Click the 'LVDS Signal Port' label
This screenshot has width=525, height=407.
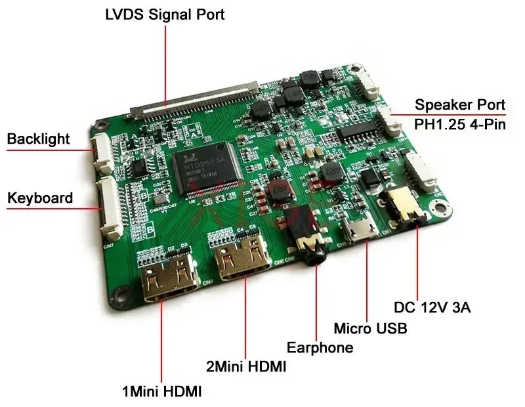165,14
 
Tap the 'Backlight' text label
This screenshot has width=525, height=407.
38,139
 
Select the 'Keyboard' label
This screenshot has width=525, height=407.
39,198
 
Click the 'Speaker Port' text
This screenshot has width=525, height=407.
460,104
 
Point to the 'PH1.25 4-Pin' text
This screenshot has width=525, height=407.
460,124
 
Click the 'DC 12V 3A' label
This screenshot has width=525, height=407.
432,307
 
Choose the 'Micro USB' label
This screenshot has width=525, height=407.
371,328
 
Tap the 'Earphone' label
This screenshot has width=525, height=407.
320,347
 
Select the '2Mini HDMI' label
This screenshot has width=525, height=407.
246,367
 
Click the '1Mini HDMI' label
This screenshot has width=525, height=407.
161,392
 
